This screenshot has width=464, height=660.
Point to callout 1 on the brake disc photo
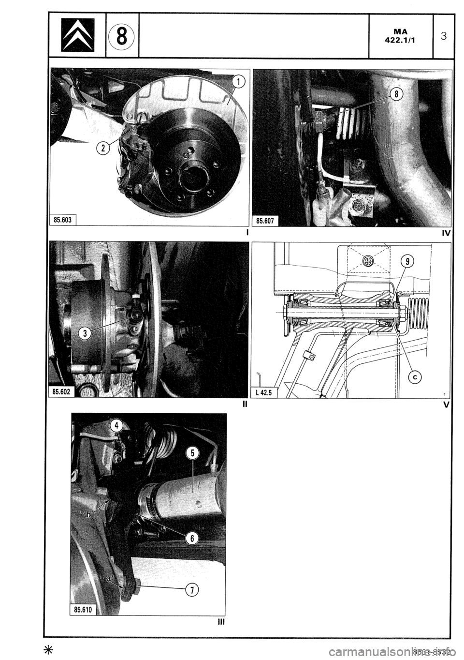point(238,83)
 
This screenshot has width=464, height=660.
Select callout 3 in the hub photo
point(85,333)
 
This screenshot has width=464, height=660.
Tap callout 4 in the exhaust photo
point(116,426)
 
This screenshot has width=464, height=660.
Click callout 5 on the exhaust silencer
point(192,453)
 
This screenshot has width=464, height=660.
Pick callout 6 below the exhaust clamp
point(192,538)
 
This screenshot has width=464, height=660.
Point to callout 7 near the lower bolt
point(192,589)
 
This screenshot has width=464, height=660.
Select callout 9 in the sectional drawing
point(407,262)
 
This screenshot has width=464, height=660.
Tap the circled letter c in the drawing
point(413,376)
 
